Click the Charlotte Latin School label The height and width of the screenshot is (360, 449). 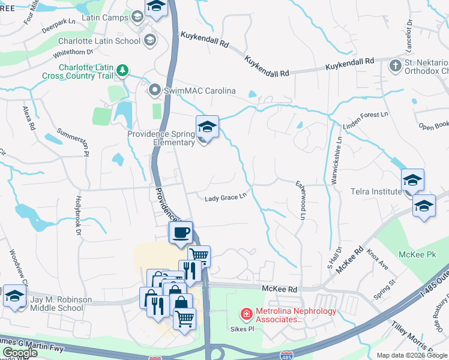99,41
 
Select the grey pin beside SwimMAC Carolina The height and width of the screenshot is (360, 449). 155,91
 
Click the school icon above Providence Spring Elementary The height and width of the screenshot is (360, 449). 207,127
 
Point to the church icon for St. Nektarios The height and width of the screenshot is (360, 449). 396,65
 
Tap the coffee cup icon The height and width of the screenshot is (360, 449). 181,233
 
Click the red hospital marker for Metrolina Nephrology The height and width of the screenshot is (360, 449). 246,314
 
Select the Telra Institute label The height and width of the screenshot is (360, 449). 376,191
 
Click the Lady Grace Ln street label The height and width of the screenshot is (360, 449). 226,197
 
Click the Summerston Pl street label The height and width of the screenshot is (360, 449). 73,140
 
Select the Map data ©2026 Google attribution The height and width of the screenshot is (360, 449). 412,355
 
